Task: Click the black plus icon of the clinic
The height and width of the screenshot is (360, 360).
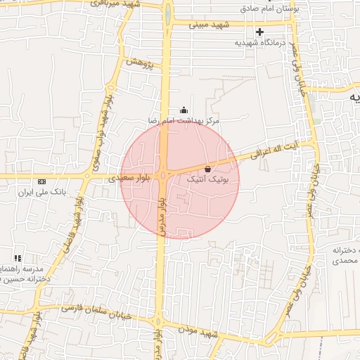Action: pyautogui.click(x=260, y=32)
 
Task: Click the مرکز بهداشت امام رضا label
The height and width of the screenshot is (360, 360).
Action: pyautogui.click(x=184, y=121)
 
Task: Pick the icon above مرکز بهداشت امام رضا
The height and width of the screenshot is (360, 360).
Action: pyautogui.click(x=184, y=110)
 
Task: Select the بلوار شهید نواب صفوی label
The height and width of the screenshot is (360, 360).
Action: pyautogui.click(x=100, y=128)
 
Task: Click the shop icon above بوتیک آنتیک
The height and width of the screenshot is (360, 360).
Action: pyautogui.click(x=207, y=169)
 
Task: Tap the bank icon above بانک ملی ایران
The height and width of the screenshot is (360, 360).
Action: pyautogui.click(x=41, y=181)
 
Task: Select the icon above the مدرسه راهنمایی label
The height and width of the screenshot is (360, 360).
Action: pyautogui.click(x=18, y=258)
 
